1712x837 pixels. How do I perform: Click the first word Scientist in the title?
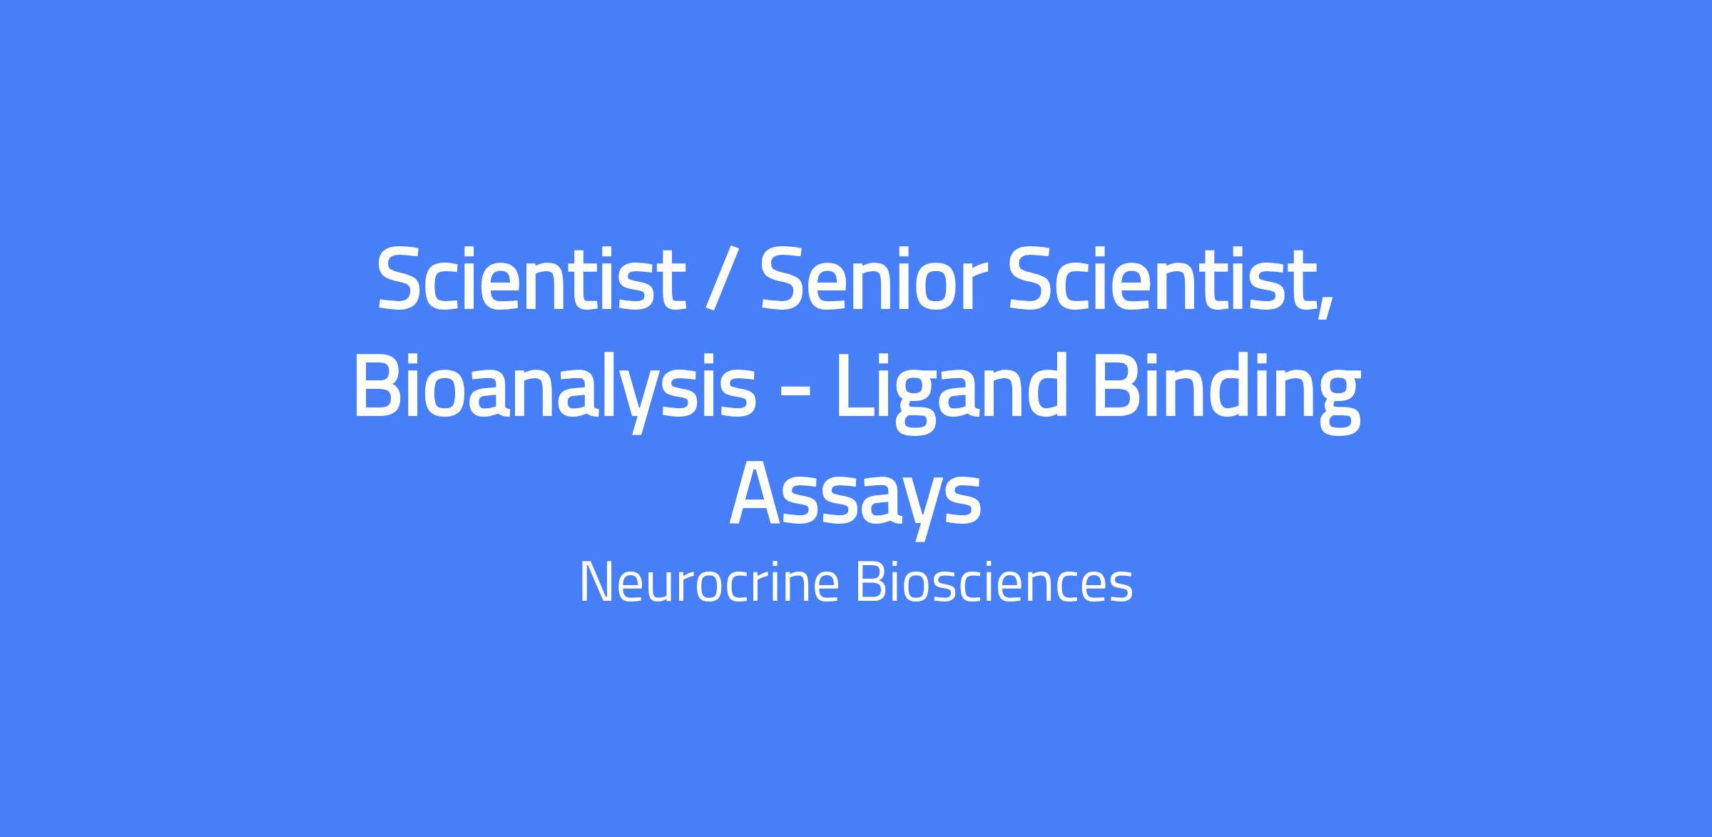(531, 278)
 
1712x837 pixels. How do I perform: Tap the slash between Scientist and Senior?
(722, 280)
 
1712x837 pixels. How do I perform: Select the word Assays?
(855, 498)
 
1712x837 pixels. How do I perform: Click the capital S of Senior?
(784, 278)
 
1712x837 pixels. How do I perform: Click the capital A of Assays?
(759, 494)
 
